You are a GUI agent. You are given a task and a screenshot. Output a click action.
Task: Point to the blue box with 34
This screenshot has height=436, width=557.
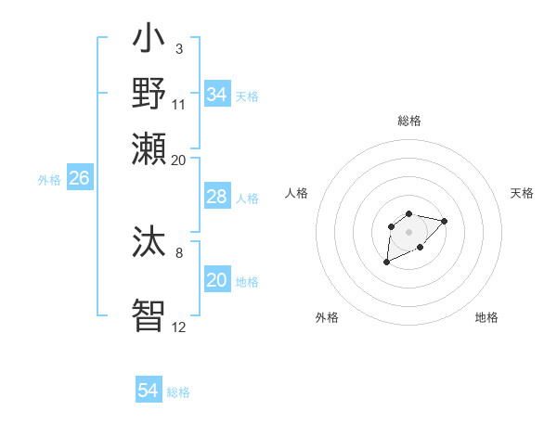tap(217, 95)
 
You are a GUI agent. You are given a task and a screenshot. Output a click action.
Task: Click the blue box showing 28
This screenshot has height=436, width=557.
tap(217, 197)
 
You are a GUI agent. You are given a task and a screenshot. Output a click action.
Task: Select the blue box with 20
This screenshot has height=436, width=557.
tap(217, 280)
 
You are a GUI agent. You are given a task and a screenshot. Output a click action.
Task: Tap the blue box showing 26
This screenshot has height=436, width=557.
tap(79, 179)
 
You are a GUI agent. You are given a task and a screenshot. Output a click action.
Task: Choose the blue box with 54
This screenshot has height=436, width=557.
tap(149, 391)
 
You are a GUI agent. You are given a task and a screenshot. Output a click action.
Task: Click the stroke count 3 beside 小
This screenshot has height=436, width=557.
tap(178, 47)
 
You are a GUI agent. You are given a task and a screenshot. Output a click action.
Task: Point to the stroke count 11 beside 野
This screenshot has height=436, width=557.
tap(179, 104)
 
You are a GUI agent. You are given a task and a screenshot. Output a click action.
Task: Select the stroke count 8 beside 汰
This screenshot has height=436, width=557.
tap(178, 251)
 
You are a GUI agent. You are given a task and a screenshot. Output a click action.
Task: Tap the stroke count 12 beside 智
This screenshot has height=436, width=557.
tap(179, 327)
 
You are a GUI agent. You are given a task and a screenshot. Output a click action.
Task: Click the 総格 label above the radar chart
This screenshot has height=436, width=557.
tap(408, 121)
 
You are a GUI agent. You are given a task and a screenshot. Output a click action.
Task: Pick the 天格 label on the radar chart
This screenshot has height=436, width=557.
tap(522, 193)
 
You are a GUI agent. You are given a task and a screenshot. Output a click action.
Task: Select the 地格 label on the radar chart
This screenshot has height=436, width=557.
tap(486, 317)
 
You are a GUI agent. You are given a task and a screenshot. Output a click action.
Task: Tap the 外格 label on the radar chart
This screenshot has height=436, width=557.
tap(327, 317)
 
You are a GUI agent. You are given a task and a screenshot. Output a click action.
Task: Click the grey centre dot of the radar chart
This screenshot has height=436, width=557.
tap(408, 232)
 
